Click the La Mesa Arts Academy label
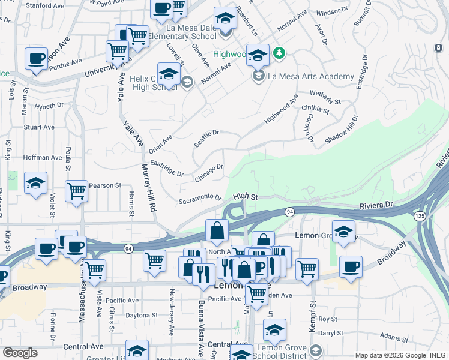tap(310, 76)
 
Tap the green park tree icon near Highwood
tap(279, 54)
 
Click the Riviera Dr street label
tap(379, 206)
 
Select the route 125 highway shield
tap(420, 215)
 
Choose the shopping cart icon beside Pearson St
tap(76, 191)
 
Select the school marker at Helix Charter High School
tap(169, 74)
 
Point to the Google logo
tap(20, 353)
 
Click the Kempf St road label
tap(311, 305)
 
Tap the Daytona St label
tap(141, 314)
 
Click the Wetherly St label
tap(325, 98)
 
